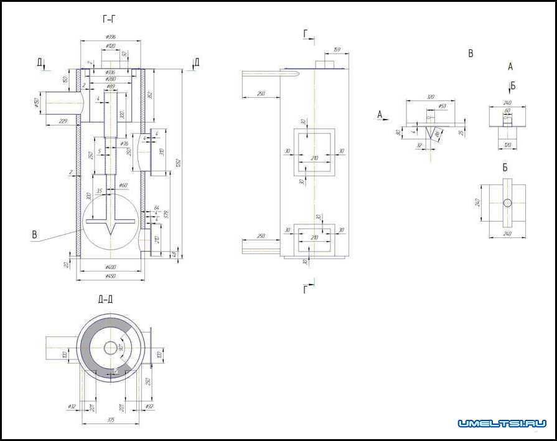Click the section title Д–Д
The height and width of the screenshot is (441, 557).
[105, 300]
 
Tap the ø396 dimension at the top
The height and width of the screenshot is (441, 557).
[111, 37]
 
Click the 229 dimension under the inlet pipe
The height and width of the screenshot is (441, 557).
[62, 121]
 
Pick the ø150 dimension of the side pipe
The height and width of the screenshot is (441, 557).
[37, 102]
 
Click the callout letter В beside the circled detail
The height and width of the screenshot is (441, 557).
[35, 235]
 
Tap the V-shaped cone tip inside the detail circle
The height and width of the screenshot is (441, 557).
[110, 231]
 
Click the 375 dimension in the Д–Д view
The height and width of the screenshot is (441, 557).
[111, 420]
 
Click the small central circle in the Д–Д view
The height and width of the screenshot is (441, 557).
[111, 348]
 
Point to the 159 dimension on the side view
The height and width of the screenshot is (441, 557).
[336, 49]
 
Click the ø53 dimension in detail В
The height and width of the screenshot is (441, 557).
[442, 107]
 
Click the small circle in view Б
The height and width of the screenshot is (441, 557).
[507, 202]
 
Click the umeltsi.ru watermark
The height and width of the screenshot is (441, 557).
[502, 424]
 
